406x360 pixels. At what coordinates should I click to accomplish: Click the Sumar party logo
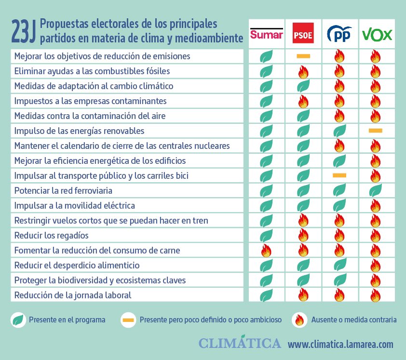point(266,33)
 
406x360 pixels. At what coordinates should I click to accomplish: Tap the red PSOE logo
point(303,33)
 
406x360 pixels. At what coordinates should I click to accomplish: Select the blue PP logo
point(339,34)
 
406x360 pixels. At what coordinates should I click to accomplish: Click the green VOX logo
point(377,34)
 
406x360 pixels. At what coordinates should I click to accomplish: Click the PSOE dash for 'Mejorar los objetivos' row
point(303,56)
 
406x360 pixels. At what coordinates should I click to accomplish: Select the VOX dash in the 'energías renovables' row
point(375,131)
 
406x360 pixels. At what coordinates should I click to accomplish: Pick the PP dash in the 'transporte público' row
point(339,175)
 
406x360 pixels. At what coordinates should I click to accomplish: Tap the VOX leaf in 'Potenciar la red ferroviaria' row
point(375,191)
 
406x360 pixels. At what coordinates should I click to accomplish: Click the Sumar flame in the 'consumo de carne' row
point(266,251)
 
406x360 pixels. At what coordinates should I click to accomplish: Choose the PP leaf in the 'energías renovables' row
point(339,131)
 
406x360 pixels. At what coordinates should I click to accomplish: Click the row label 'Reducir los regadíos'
point(52,236)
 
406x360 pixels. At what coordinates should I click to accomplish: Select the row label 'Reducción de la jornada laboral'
point(73,295)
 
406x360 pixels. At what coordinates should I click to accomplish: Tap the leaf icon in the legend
point(18,320)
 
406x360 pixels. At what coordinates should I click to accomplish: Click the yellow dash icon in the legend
point(128,320)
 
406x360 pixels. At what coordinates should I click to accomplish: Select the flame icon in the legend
point(300,320)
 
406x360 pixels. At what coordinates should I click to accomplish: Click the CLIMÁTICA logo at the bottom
point(240,343)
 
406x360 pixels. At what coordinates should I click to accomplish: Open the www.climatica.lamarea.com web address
point(340,344)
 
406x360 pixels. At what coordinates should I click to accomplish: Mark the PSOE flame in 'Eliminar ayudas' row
point(303,72)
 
